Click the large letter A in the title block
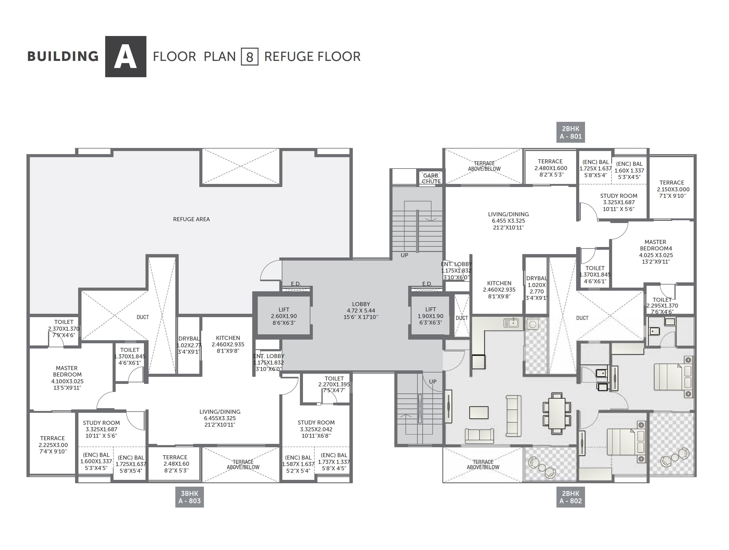point(125,57)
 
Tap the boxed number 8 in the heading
point(249,57)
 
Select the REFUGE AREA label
point(191,219)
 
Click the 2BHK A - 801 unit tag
point(571,133)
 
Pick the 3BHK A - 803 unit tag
point(189,497)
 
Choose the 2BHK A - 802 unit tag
point(571,497)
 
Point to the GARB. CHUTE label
point(431,178)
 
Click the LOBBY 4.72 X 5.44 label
point(361,310)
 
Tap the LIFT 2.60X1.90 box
point(284,316)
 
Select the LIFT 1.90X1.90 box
point(430,316)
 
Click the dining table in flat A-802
point(557,413)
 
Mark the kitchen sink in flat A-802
point(511,323)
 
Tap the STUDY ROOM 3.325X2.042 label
point(316,429)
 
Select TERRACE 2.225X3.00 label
point(53,444)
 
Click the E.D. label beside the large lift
point(296,284)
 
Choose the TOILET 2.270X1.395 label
point(334,384)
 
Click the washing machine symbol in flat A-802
point(532,324)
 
